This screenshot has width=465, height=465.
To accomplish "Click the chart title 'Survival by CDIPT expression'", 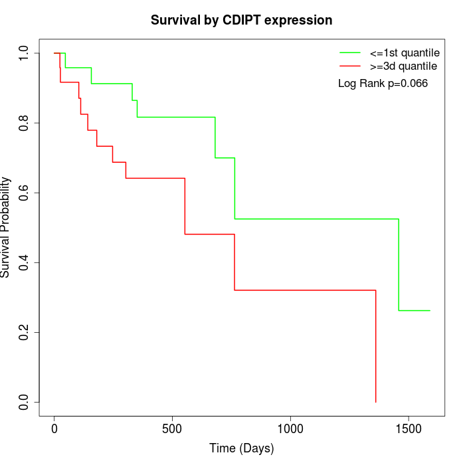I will click(241, 20).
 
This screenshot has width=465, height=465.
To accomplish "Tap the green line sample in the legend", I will click(350, 52).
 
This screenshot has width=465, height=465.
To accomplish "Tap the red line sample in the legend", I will click(350, 66).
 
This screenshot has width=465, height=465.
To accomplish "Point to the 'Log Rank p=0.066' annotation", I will click(383, 84).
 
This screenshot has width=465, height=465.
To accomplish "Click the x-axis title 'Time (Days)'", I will click(241, 448).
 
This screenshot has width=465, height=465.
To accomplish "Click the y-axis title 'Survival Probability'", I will click(6, 227).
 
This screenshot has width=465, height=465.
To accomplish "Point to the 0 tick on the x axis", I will click(54, 428).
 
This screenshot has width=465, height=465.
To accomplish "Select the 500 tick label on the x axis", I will click(172, 428).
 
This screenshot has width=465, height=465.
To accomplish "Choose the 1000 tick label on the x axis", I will click(290, 428).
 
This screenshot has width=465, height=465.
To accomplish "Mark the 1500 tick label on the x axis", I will click(408, 428).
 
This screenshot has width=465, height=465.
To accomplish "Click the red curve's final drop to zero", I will click(376, 345).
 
